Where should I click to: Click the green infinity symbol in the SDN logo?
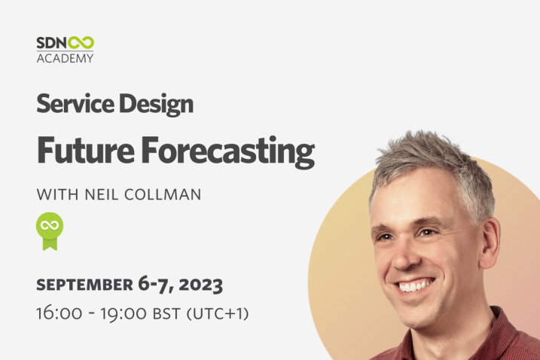click(x=81, y=43)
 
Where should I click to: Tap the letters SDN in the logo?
click(x=52, y=43)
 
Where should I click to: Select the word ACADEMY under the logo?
click(x=65, y=58)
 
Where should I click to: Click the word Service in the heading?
click(x=75, y=104)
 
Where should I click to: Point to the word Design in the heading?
click(x=156, y=105)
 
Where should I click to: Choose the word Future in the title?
click(x=85, y=150)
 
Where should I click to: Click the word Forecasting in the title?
click(x=228, y=152)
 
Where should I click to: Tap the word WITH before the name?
click(x=57, y=194)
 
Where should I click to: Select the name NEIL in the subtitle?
click(x=102, y=194)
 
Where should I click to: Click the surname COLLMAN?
click(x=163, y=194)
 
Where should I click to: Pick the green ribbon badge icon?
click(x=50, y=231)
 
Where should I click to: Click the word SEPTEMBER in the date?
click(x=84, y=285)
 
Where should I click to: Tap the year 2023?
click(x=201, y=285)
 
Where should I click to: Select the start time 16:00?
click(x=59, y=313)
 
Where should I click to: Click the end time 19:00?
click(x=124, y=314)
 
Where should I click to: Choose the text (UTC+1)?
click(x=218, y=313)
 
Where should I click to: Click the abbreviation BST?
click(x=166, y=313)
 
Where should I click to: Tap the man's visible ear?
click(x=490, y=243)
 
